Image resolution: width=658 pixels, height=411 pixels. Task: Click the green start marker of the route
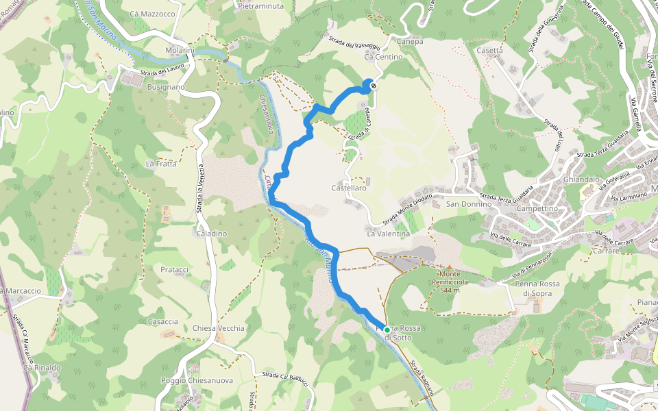tap(387, 329)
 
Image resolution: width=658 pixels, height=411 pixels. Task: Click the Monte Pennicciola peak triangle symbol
tap(450, 267)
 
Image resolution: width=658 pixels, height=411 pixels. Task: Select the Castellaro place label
tap(349, 188)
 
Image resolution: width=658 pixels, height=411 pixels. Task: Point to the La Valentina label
tap(388, 234)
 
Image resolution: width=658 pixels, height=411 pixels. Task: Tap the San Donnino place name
tap(470, 204)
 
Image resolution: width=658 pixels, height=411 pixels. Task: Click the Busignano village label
tap(166, 88)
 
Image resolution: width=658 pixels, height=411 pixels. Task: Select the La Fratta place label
tap(162, 164)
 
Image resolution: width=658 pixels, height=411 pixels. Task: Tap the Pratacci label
tap(174, 270)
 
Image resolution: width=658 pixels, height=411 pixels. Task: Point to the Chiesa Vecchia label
tap(219, 328)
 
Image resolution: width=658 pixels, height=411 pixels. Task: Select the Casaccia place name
tap(163, 321)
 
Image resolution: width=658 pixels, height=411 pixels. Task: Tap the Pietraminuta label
tap(260, 5)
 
